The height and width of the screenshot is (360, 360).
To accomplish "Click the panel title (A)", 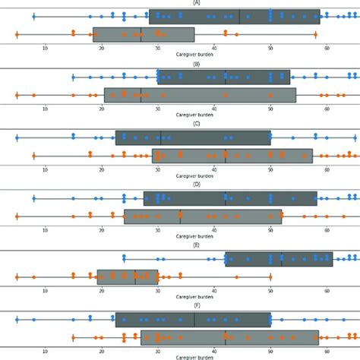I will click(197, 3).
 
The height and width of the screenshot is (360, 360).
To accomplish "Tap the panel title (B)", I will click(197, 64).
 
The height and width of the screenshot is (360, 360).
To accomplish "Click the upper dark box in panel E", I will click(279, 258).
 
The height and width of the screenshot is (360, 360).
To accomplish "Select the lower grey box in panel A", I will click(144, 34).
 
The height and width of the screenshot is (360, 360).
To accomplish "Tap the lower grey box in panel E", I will click(128, 276).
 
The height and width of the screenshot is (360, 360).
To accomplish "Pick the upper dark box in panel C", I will click(193, 137).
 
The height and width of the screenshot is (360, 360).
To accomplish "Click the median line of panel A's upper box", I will click(239, 17).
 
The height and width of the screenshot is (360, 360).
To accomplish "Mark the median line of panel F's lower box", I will click(226, 337).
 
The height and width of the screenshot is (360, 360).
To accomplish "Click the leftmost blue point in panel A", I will click(34, 17).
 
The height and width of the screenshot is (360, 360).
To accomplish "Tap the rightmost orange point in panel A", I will click(315, 35).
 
